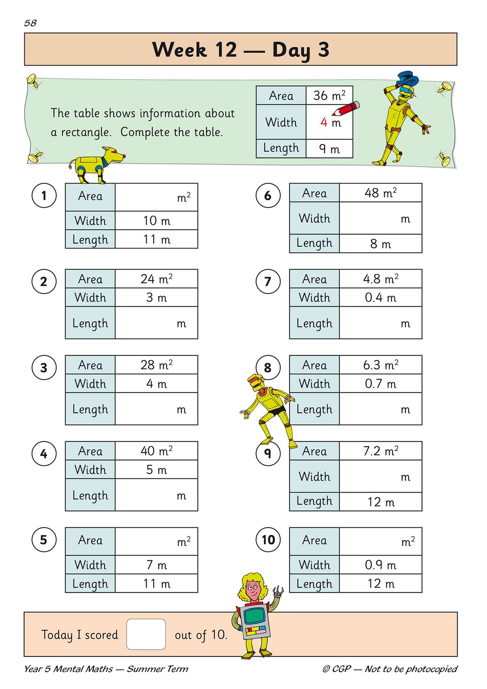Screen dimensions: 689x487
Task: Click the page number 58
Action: coord(30,23)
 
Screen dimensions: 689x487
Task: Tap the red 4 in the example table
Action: coord(323,122)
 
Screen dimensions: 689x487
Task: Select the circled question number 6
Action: coord(268,195)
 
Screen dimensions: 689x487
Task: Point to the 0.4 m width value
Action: coord(380,297)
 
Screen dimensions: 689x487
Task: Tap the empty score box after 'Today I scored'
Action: coord(146,634)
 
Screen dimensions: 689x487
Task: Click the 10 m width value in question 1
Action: coord(156,221)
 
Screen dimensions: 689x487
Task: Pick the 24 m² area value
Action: coord(156,279)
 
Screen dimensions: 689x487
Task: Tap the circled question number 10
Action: coord(268,540)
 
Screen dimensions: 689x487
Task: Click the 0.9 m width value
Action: coord(380,565)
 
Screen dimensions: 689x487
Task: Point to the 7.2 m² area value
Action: coord(380,451)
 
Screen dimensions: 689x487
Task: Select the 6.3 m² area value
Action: coord(380,365)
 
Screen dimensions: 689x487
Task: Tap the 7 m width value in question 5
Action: coord(156,565)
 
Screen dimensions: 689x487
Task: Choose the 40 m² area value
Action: coord(156,451)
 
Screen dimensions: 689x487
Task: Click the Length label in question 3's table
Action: coord(90,409)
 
